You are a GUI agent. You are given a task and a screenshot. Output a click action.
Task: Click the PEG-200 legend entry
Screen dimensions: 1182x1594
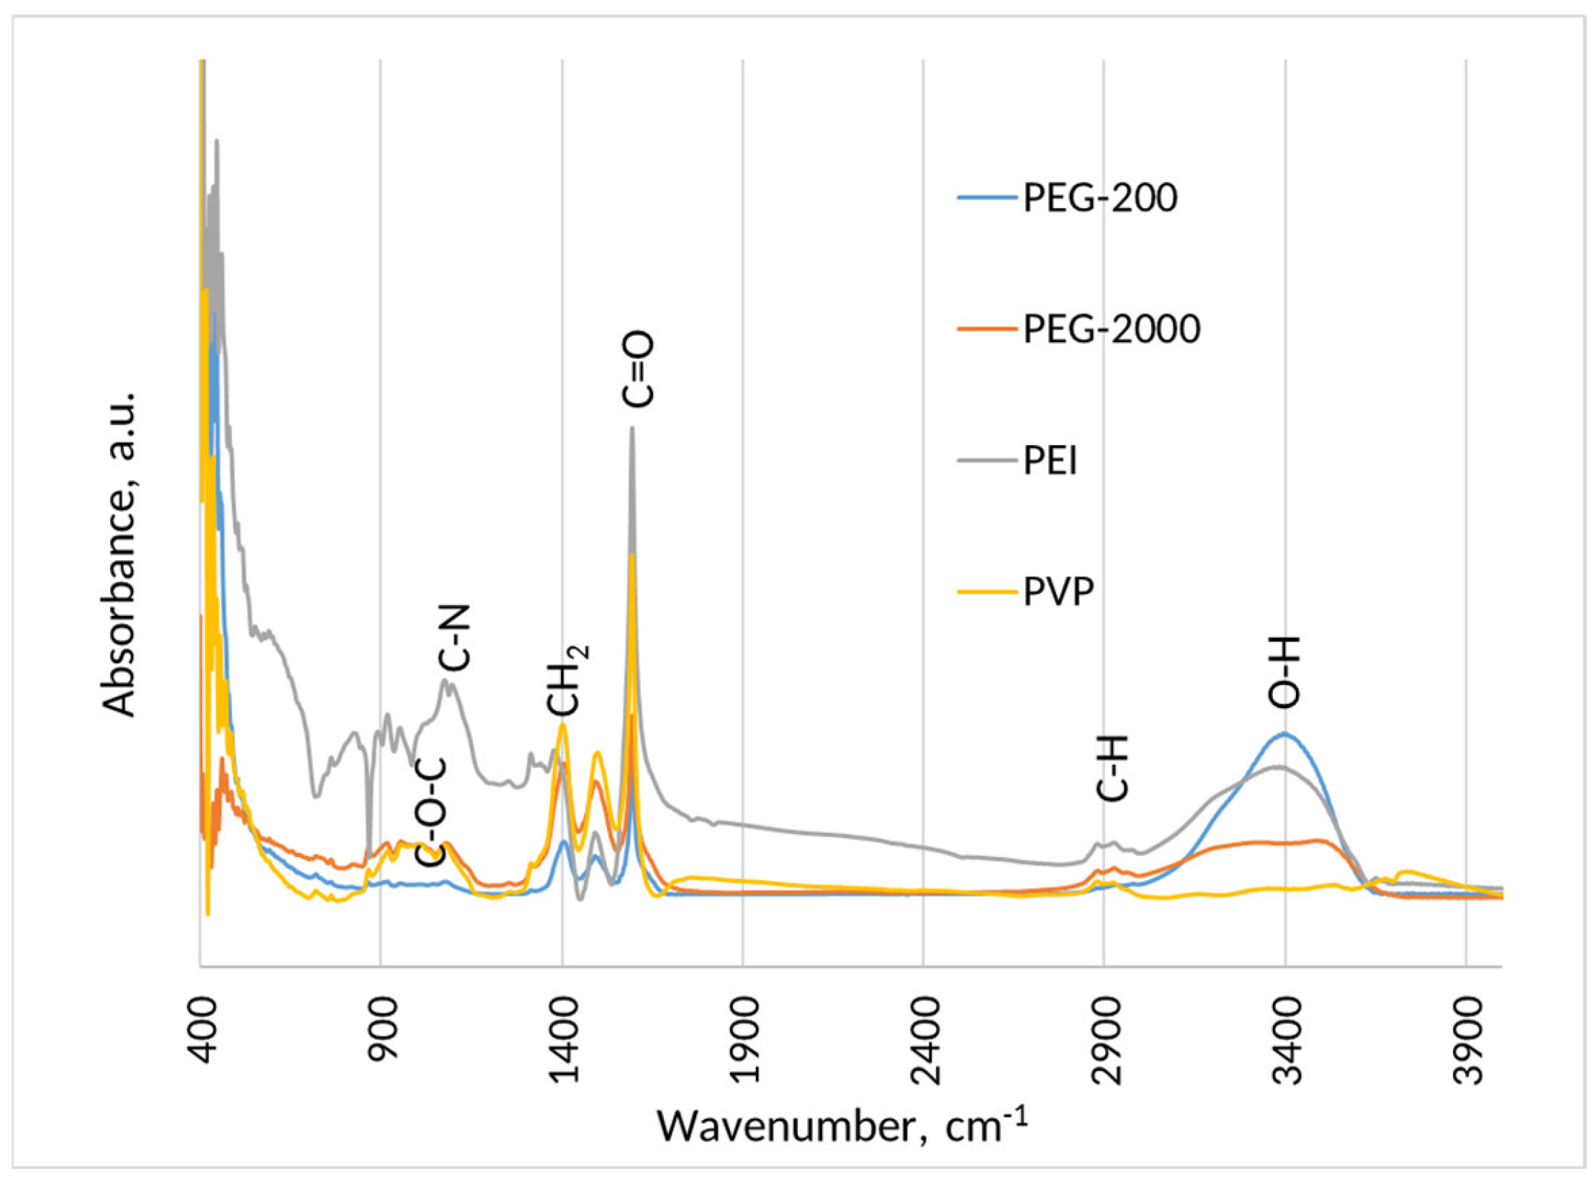pyautogui.click(x=1100, y=197)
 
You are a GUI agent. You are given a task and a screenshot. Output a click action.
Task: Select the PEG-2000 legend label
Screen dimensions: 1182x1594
pyautogui.click(x=1112, y=329)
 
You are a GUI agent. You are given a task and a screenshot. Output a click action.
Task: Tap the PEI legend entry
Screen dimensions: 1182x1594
pyautogui.click(x=1050, y=461)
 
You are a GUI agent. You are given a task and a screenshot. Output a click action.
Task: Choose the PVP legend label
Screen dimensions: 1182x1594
pyautogui.click(x=1058, y=593)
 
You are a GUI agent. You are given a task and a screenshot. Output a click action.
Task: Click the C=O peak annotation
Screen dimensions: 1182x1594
pyautogui.click(x=639, y=369)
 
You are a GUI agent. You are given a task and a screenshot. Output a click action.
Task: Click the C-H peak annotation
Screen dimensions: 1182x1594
pyautogui.click(x=1112, y=768)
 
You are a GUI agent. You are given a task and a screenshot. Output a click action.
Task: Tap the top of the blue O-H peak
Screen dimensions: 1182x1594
pyautogui.click(x=1284, y=733)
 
